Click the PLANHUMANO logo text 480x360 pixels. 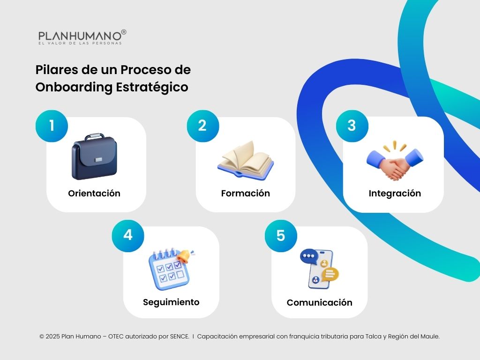[79, 36]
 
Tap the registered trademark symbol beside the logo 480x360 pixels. [124, 32]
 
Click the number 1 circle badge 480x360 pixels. [52, 126]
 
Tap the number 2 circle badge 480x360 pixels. [202, 126]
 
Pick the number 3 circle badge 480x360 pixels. [352, 125]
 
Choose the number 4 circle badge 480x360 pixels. [127, 235]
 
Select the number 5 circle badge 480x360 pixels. [280, 235]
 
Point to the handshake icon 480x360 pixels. [395, 162]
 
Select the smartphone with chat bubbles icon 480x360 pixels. [320, 269]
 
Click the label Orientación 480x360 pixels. [94, 194]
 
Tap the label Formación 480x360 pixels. [245, 194]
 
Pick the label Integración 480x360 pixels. [395, 194]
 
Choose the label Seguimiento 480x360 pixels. [171, 302]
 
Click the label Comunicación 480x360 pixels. [319, 303]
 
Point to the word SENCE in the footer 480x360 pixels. [179, 337]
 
